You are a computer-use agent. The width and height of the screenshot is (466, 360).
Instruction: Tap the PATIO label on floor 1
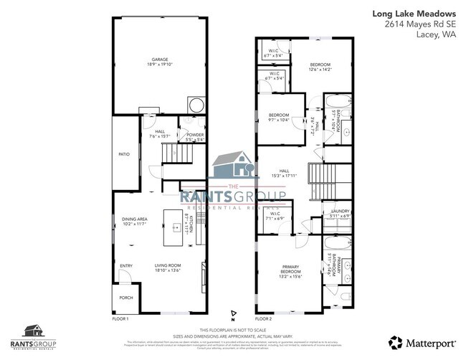124,153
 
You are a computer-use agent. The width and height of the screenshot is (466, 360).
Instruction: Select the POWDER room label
195,136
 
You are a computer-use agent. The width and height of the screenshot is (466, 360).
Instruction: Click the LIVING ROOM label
170,269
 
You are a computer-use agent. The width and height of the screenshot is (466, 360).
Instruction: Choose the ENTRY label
126,266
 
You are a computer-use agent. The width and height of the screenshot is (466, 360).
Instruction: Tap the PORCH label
125,298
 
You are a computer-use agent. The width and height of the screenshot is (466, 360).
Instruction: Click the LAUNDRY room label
339,213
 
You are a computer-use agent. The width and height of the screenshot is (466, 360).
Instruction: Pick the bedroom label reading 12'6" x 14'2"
319,67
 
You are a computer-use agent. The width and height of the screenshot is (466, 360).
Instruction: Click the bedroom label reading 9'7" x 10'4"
278,118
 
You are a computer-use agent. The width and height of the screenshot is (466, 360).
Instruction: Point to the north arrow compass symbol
233,314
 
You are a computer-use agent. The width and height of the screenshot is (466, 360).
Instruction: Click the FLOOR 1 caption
120,318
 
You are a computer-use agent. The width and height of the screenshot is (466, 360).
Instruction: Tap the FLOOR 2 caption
264,318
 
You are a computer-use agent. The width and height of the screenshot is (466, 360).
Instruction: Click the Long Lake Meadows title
419,12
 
